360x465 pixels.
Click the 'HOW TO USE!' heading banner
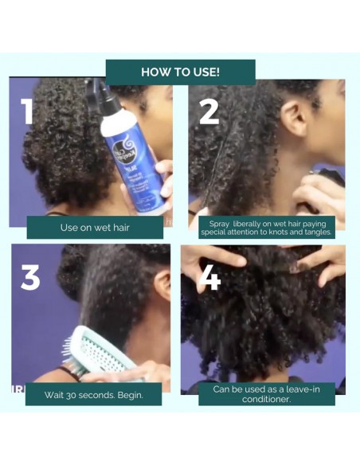180,72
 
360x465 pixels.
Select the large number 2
209,111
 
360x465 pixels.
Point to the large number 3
31,275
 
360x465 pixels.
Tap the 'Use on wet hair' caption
95,227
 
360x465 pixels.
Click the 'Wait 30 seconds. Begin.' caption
94,394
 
